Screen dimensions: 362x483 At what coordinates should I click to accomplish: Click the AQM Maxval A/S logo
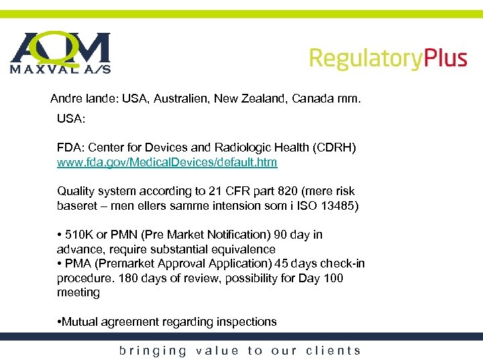click(60, 52)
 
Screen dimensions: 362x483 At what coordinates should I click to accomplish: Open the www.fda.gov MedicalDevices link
click(167, 162)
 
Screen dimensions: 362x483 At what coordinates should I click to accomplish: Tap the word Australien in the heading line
click(180, 99)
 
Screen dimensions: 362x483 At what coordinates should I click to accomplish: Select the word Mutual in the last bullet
click(80, 322)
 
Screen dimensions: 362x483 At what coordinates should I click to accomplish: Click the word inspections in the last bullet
click(246, 322)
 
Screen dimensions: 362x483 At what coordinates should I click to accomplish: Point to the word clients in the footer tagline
click(333, 350)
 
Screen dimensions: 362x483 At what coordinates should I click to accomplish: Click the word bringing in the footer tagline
click(154, 351)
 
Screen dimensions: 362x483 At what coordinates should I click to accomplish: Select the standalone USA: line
click(70, 119)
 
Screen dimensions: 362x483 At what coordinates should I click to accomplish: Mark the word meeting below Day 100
click(78, 292)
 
